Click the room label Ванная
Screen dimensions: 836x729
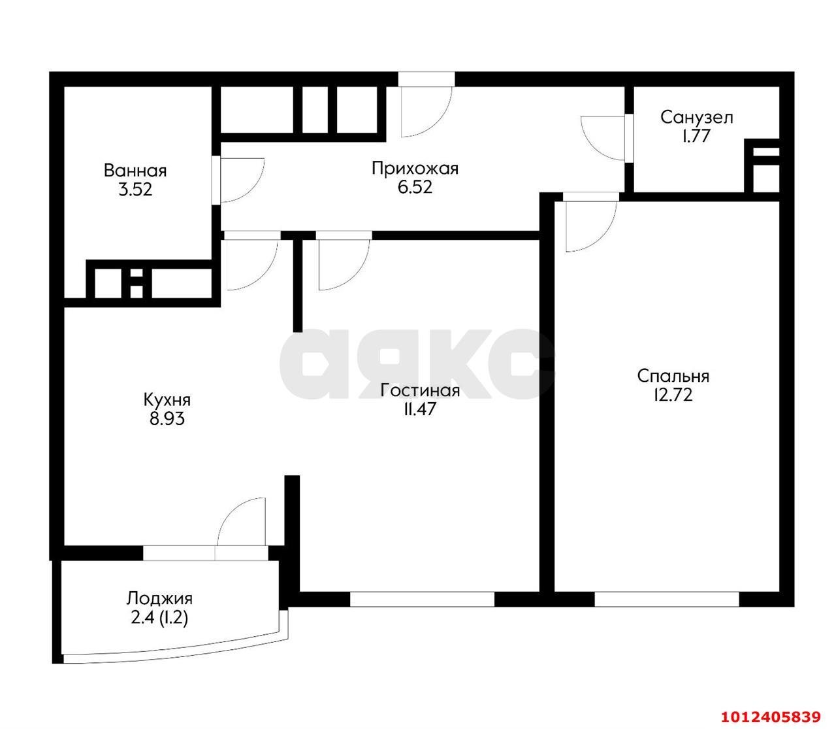135,171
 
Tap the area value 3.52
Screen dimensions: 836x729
135,190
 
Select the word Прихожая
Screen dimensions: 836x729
415,168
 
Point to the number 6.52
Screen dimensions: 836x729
415,187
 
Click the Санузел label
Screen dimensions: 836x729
697,117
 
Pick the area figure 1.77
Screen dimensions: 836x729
696,136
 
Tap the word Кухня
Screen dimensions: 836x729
167,400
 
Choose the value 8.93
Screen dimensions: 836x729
167,418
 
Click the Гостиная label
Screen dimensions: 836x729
420,390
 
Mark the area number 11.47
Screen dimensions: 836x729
420,409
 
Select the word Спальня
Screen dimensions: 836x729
673,376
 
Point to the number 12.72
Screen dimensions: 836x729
673,395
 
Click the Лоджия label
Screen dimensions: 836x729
159,598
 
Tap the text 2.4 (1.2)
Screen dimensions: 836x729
159,617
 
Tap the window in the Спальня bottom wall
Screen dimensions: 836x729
666,600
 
